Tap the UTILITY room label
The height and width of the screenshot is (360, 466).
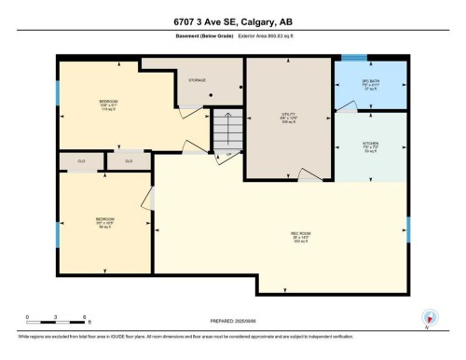pyautogui.click(x=289, y=116)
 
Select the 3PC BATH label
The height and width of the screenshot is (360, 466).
pyautogui.click(x=371, y=83)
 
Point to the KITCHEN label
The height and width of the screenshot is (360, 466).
pyautogui.click(x=370, y=144)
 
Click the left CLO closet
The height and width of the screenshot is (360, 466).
pyautogui.click(x=81, y=161)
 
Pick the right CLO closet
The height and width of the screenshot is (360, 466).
pyautogui.click(x=129, y=161)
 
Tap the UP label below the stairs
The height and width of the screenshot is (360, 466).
pyautogui.click(x=226, y=153)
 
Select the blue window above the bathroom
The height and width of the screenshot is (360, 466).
pyautogui.click(x=353, y=58)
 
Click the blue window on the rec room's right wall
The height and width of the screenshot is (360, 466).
pyautogui.click(x=407, y=228)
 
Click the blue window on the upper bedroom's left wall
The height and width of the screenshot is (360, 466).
pyautogui.click(x=58, y=92)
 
